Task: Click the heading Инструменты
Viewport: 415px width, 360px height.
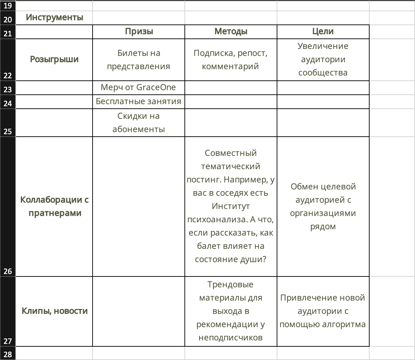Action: pos(54,17)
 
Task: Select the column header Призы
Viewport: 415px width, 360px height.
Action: pos(139,31)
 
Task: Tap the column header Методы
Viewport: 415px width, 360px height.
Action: pos(231,31)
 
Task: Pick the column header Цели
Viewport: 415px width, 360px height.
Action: pos(323,31)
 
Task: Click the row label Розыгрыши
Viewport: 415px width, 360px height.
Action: pos(54,59)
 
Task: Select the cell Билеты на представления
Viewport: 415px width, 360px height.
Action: pos(139,60)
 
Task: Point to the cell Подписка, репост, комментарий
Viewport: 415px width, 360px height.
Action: pos(231,60)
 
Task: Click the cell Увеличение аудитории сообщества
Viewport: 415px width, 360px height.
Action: pos(323,59)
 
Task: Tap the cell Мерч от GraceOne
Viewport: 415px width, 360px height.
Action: pos(138,87)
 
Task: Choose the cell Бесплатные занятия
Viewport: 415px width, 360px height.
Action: pos(139,101)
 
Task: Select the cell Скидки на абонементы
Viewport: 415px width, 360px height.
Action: pos(139,122)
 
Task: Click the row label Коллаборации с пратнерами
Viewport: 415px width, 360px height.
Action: pos(54,206)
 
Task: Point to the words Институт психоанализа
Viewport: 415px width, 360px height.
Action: pos(231,213)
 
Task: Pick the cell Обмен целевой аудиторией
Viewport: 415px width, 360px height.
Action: pos(323,206)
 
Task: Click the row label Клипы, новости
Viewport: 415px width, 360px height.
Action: pos(54,311)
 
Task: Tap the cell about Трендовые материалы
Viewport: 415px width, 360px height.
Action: pos(231,311)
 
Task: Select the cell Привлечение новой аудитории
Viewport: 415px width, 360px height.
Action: pos(323,311)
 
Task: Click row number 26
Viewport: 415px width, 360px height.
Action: pos(8,271)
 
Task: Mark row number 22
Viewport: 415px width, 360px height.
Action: pos(8,75)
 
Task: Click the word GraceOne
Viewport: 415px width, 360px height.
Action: pos(156,87)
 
